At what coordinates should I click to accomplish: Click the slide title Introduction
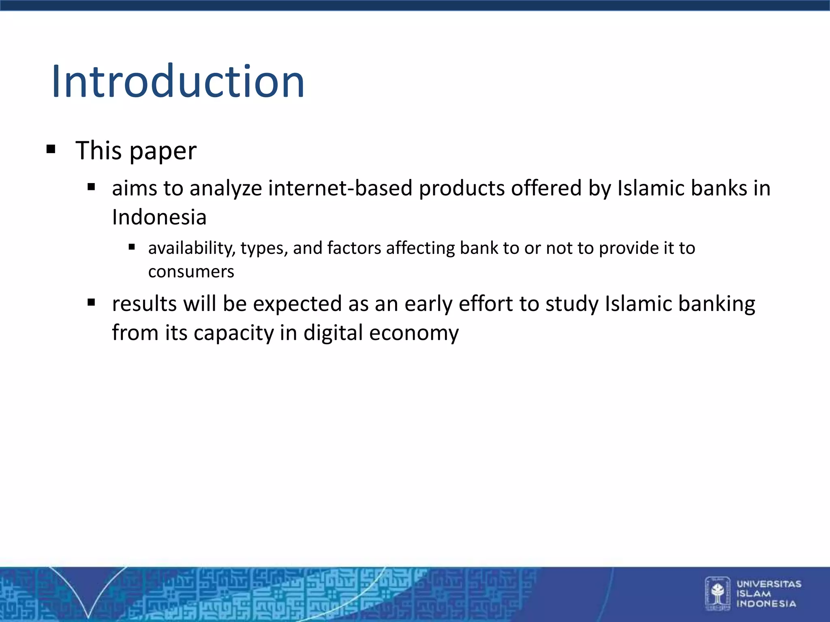click(x=178, y=82)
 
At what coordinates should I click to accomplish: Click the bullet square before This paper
click(x=51, y=149)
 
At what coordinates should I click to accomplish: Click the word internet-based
click(x=340, y=188)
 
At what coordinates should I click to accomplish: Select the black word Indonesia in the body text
click(x=159, y=217)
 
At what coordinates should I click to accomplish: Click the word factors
click(x=354, y=248)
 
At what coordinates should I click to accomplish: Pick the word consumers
click(x=191, y=272)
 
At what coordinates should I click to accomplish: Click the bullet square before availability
click(x=132, y=247)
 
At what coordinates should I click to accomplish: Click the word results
click(x=144, y=304)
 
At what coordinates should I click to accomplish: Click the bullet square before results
click(x=91, y=302)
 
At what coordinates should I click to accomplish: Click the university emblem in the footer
click(x=717, y=593)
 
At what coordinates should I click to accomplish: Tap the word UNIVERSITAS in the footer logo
click(x=769, y=584)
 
